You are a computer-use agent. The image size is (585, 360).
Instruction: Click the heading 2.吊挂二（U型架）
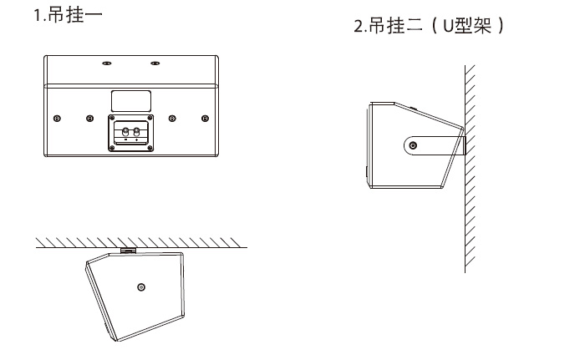[x=430, y=26]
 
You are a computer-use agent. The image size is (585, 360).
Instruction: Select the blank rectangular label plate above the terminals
[x=130, y=100]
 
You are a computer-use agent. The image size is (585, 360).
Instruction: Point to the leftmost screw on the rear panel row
[x=56, y=118]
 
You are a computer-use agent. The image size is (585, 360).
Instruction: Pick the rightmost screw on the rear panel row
[x=205, y=118]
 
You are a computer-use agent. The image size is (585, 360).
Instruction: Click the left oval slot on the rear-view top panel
[x=106, y=63]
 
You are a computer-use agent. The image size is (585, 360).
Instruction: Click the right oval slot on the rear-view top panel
[x=155, y=63]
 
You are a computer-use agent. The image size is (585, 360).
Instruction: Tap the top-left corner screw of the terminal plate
[x=111, y=122]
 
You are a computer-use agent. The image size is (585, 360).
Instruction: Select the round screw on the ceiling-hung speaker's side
[x=140, y=287]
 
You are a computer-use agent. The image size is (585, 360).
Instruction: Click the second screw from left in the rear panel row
[x=89, y=118]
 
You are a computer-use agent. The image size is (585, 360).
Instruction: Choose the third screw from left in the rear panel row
[x=171, y=118]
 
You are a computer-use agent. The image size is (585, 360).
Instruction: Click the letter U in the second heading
[x=445, y=27]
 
